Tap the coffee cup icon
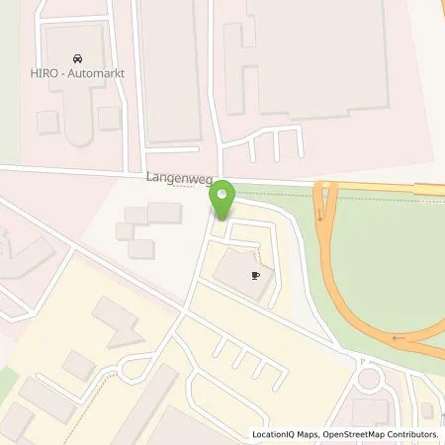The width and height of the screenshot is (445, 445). click(255, 276)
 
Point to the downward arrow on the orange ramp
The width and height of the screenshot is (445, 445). click(319, 214)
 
